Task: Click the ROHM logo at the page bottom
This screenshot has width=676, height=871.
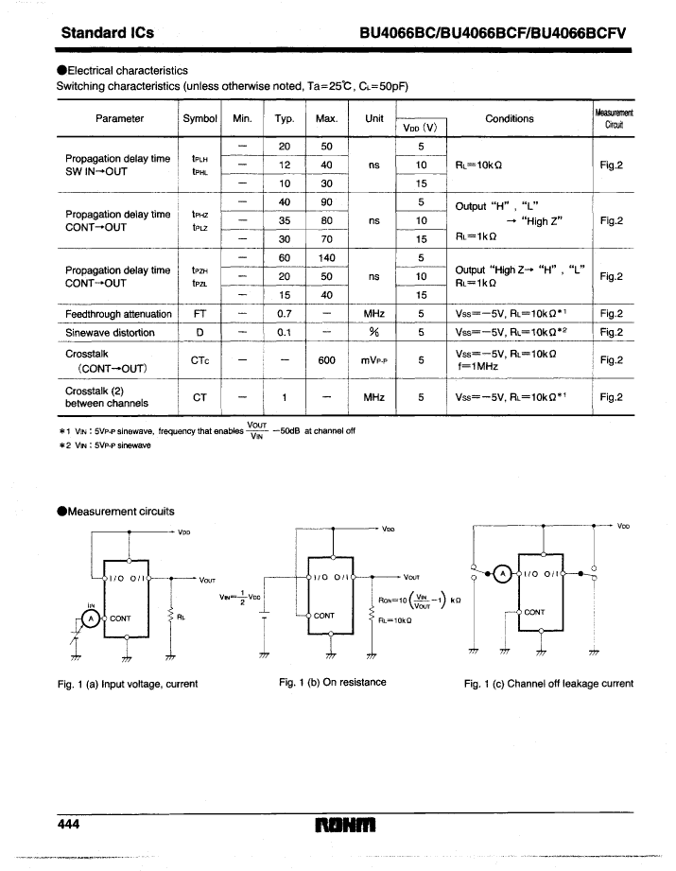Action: pyautogui.click(x=345, y=825)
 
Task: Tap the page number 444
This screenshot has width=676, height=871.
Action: pyautogui.click(x=68, y=824)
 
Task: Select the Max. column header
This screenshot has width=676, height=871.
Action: pyautogui.click(x=326, y=118)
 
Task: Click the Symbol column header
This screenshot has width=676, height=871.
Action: pyautogui.click(x=200, y=118)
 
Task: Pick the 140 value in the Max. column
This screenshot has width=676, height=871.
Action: pyautogui.click(x=326, y=258)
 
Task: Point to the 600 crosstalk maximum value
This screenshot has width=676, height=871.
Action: pyautogui.click(x=326, y=360)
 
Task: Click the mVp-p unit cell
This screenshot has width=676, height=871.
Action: pyautogui.click(x=373, y=360)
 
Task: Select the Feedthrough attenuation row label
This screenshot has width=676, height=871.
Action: pyautogui.click(x=118, y=314)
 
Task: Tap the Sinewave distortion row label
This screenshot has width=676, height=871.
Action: pyautogui.click(x=110, y=332)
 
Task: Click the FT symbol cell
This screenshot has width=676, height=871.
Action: pyautogui.click(x=200, y=314)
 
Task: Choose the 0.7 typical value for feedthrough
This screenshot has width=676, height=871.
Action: pyautogui.click(x=285, y=314)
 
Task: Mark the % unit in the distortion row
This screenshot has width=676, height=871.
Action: pyautogui.click(x=373, y=332)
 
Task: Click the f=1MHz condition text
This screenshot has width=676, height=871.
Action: pyautogui.click(x=477, y=366)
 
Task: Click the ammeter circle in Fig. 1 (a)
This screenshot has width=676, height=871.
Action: pyautogui.click(x=91, y=618)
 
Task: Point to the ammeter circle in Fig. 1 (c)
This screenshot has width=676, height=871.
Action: pyautogui.click(x=503, y=573)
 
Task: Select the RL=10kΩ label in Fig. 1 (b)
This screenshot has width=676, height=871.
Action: pyautogui.click(x=395, y=620)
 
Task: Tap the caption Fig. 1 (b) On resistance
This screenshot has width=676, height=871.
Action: pyautogui.click(x=332, y=682)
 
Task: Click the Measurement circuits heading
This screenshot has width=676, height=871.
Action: pyautogui.click(x=115, y=511)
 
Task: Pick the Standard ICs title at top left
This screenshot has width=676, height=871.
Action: pyautogui.click(x=107, y=32)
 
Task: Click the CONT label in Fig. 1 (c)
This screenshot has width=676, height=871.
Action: pyautogui.click(x=534, y=612)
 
